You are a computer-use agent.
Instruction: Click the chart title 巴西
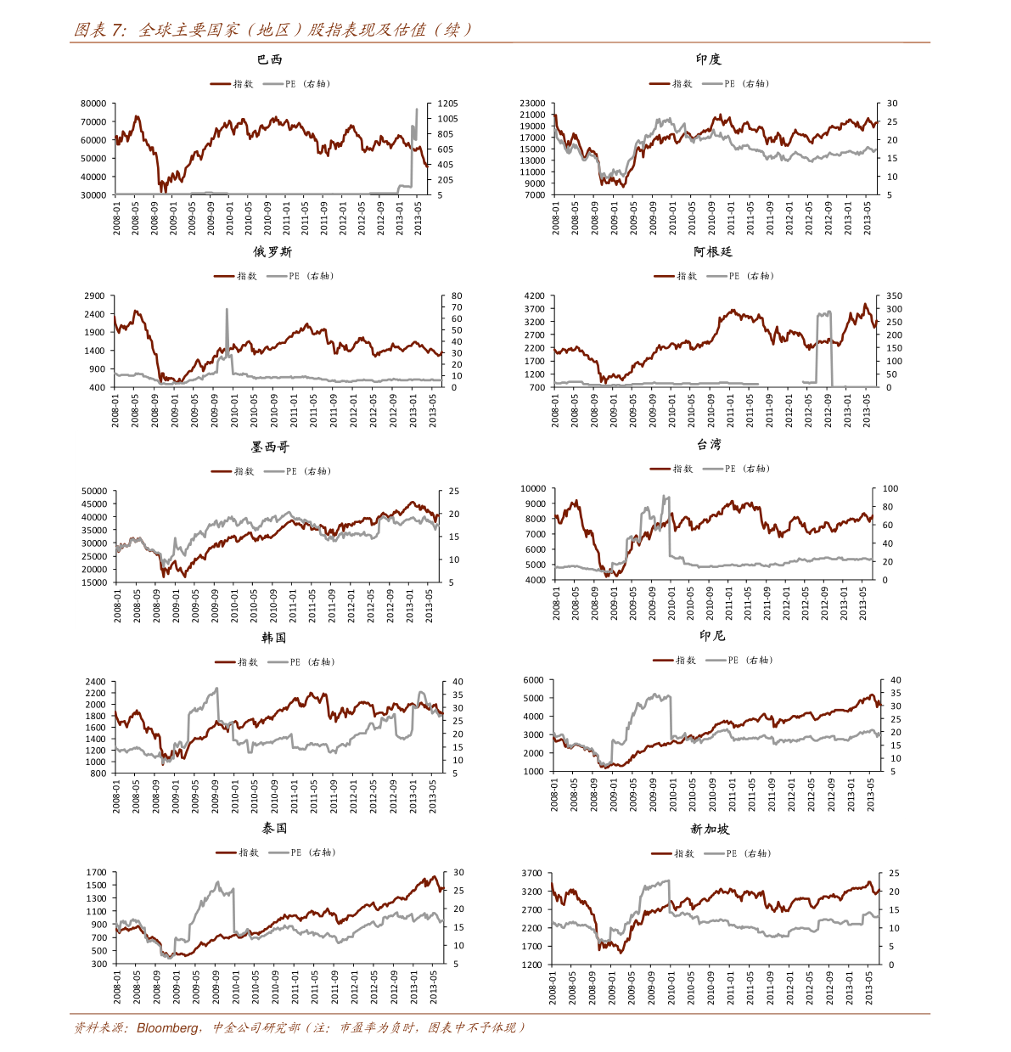click(x=269, y=59)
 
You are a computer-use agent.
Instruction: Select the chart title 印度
click(x=708, y=59)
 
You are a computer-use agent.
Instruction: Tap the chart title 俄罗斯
click(x=272, y=252)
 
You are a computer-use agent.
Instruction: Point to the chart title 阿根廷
click(x=712, y=252)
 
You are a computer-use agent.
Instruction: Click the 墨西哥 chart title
click(x=270, y=447)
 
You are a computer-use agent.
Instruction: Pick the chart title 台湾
click(x=709, y=444)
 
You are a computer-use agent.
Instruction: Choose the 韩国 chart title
click(x=273, y=638)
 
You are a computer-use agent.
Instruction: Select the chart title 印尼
click(x=712, y=636)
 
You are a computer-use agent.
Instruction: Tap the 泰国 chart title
click(x=274, y=828)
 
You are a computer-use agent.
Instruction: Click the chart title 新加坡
click(x=710, y=829)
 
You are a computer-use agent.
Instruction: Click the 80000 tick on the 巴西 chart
click(x=93, y=104)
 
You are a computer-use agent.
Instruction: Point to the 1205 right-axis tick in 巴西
click(x=447, y=104)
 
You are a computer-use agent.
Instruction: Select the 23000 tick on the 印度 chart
click(x=532, y=104)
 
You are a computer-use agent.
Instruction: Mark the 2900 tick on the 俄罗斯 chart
click(x=95, y=296)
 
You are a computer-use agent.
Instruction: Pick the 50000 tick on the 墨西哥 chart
click(x=94, y=491)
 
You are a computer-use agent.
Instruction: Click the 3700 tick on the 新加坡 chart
click(x=532, y=874)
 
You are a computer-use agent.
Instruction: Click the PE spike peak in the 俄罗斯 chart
click(x=227, y=310)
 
